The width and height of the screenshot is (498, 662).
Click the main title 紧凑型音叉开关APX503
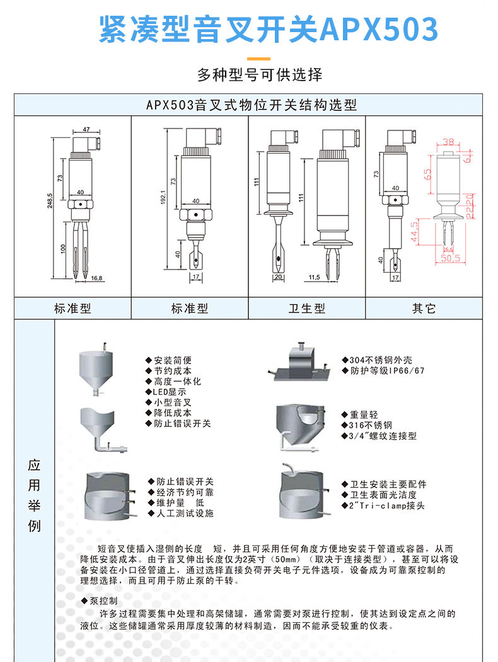point(268,30)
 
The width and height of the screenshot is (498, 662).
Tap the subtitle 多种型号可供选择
point(260,75)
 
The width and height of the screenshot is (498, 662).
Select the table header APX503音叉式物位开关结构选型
point(252,105)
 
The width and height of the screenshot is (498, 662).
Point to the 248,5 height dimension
point(49,204)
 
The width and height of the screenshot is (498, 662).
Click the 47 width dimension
point(86,128)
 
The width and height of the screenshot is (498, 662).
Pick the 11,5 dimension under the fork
point(315,277)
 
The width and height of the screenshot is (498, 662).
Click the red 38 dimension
point(448,142)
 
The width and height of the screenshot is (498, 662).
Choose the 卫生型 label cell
point(307,309)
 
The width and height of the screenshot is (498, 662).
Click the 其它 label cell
point(424,309)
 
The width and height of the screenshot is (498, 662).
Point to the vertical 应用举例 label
point(35,495)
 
